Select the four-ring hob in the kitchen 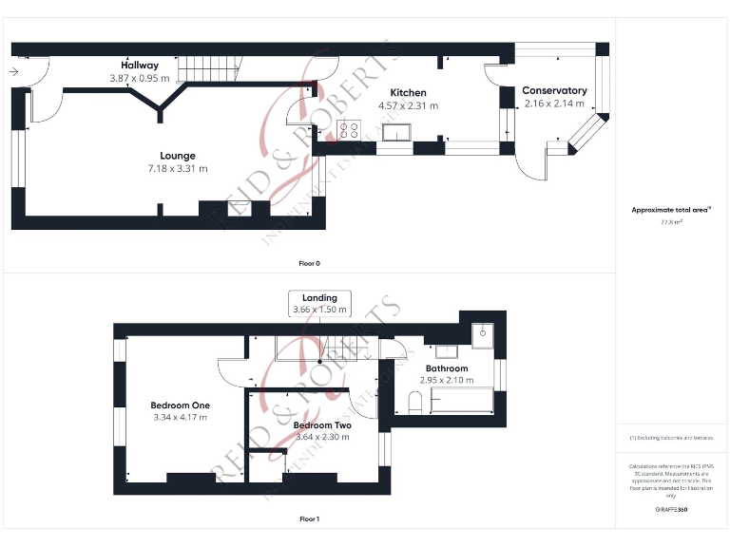349,129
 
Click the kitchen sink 396,131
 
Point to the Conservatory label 554,90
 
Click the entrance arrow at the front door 15,71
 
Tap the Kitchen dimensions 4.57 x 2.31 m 408,105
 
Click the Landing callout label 319,298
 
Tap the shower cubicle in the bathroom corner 484,333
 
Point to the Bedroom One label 181,406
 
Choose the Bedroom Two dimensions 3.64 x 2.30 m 322,437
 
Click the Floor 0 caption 310,262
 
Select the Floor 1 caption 310,519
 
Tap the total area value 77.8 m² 671,221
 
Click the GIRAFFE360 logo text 671,510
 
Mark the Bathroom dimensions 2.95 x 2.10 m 446,380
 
